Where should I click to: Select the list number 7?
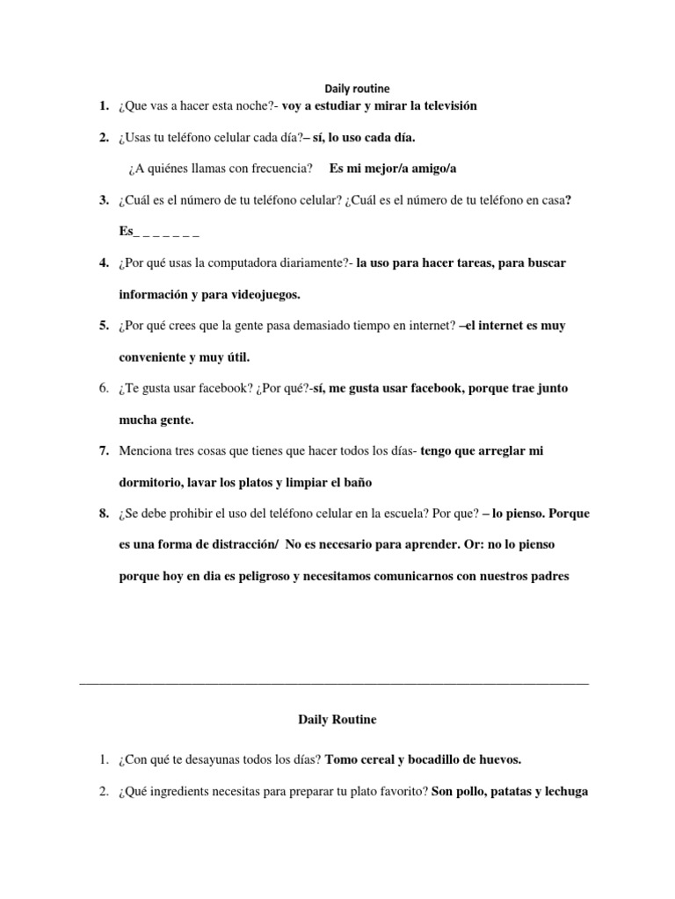coord(104,451)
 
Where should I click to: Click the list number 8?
coord(104,514)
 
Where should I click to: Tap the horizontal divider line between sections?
coord(334,682)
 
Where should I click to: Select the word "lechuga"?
coord(562,790)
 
